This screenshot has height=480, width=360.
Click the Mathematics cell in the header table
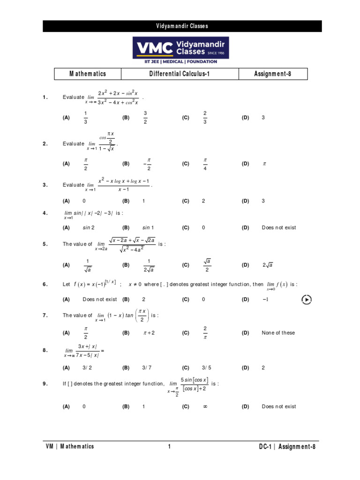[88, 74]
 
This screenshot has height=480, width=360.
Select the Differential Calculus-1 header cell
[180, 74]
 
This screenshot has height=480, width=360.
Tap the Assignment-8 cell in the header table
[273, 74]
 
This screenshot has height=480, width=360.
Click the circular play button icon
[306, 299]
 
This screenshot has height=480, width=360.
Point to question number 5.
[45, 244]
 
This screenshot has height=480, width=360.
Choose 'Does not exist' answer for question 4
[279, 228]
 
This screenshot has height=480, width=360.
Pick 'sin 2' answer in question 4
[89, 228]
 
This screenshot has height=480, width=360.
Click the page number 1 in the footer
[169, 447]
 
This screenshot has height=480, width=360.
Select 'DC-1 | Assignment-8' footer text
[287, 447]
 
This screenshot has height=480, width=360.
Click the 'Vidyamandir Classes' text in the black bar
[182, 26]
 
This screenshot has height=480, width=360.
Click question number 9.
[45, 384]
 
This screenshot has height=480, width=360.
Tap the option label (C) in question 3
[186, 201]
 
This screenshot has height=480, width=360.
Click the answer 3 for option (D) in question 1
[263, 118]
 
